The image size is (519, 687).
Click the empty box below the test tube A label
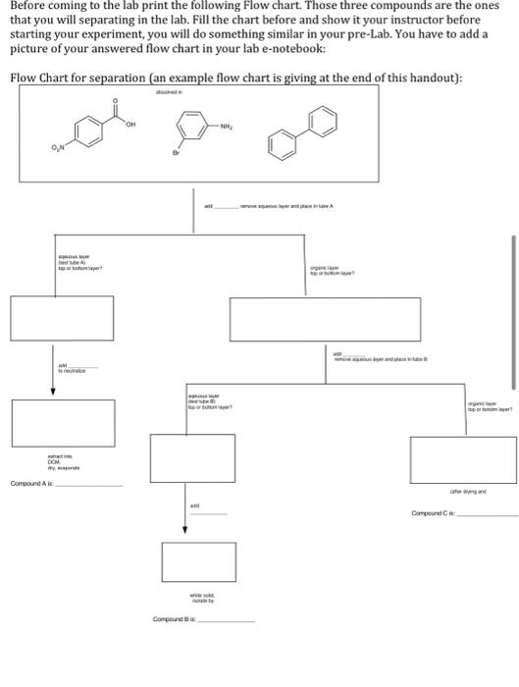tap(64, 318)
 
